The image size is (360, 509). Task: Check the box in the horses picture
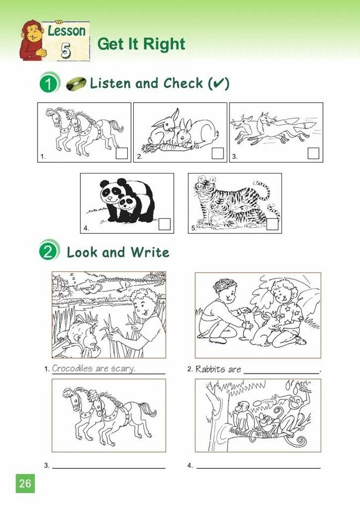click(x=122, y=153)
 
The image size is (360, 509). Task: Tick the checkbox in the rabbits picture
click(x=218, y=153)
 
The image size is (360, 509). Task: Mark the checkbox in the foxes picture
click(x=314, y=153)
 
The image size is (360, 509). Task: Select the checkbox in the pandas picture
click(x=164, y=224)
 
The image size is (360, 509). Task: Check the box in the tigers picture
click(x=272, y=224)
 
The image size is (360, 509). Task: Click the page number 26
click(x=25, y=484)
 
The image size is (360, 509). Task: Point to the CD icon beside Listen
click(x=76, y=84)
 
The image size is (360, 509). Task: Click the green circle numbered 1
click(x=49, y=83)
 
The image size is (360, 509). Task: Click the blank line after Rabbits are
click(x=281, y=373)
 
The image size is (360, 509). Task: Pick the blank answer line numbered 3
click(x=109, y=468)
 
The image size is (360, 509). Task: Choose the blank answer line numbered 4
click(x=259, y=468)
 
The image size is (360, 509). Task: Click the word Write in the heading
click(x=150, y=253)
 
